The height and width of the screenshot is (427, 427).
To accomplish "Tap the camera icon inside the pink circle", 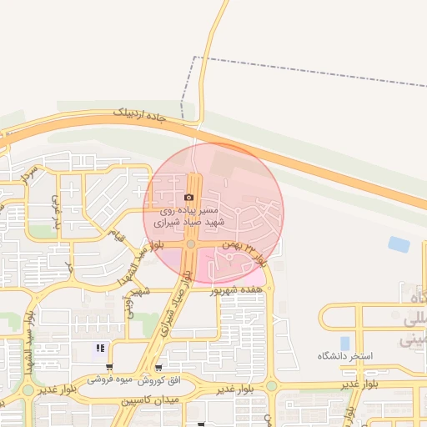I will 189,198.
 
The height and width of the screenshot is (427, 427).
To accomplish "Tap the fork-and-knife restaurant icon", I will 100,349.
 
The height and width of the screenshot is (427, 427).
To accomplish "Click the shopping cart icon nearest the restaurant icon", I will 109,367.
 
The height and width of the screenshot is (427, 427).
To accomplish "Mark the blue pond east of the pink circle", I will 399,244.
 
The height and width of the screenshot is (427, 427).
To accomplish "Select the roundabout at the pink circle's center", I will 191,244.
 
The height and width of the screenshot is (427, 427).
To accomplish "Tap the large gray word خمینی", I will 414,340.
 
